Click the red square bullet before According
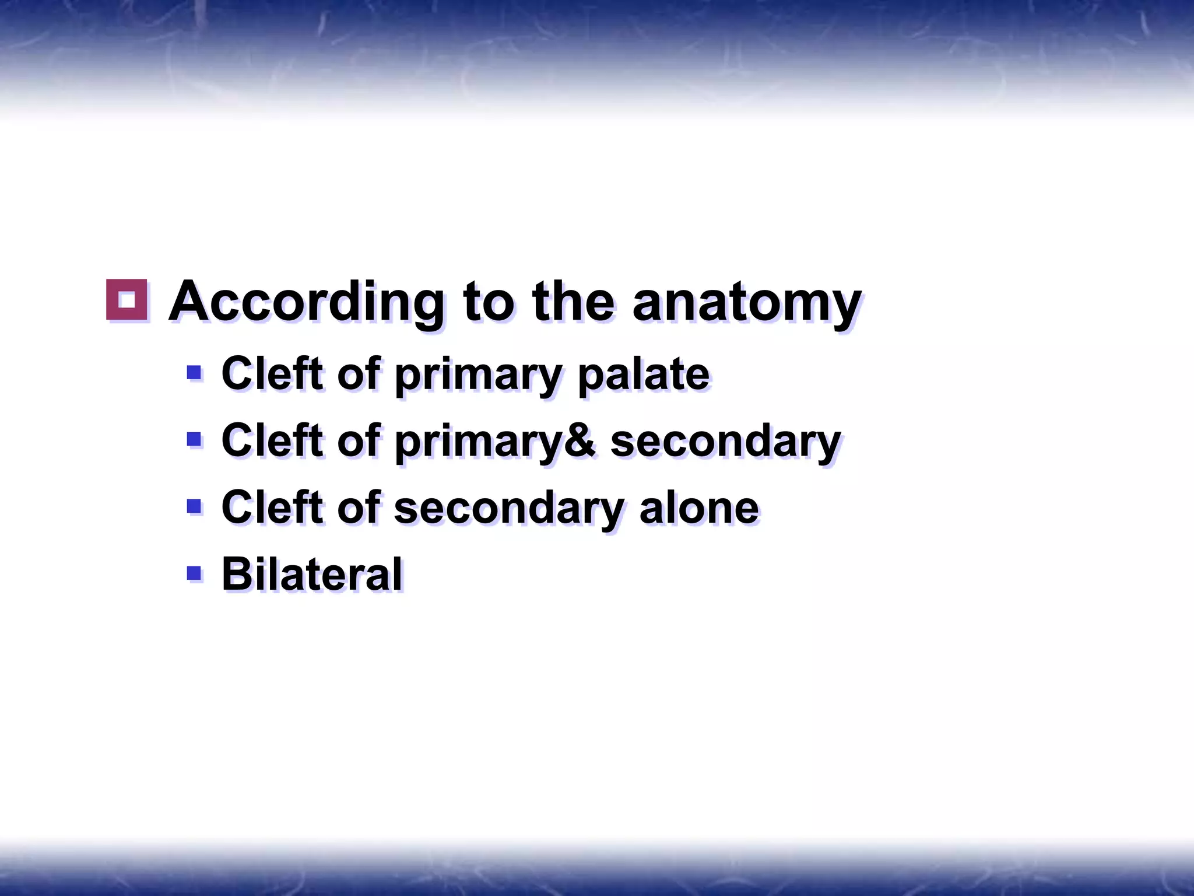(x=127, y=300)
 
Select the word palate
(x=643, y=374)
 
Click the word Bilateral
(x=312, y=574)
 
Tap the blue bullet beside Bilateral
(x=194, y=572)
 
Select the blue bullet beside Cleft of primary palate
(x=194, y=372)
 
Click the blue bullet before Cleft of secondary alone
(x=194, y=505)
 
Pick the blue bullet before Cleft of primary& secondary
(x=194, y=439)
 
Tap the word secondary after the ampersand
(x=725, y=440)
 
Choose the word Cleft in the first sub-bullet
(x=272, y=374)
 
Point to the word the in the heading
(x=573, y=302)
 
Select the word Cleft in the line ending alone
(x=272, y=507)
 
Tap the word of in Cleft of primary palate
(x=358, y=374)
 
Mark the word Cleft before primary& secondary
(x=272, y=440)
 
